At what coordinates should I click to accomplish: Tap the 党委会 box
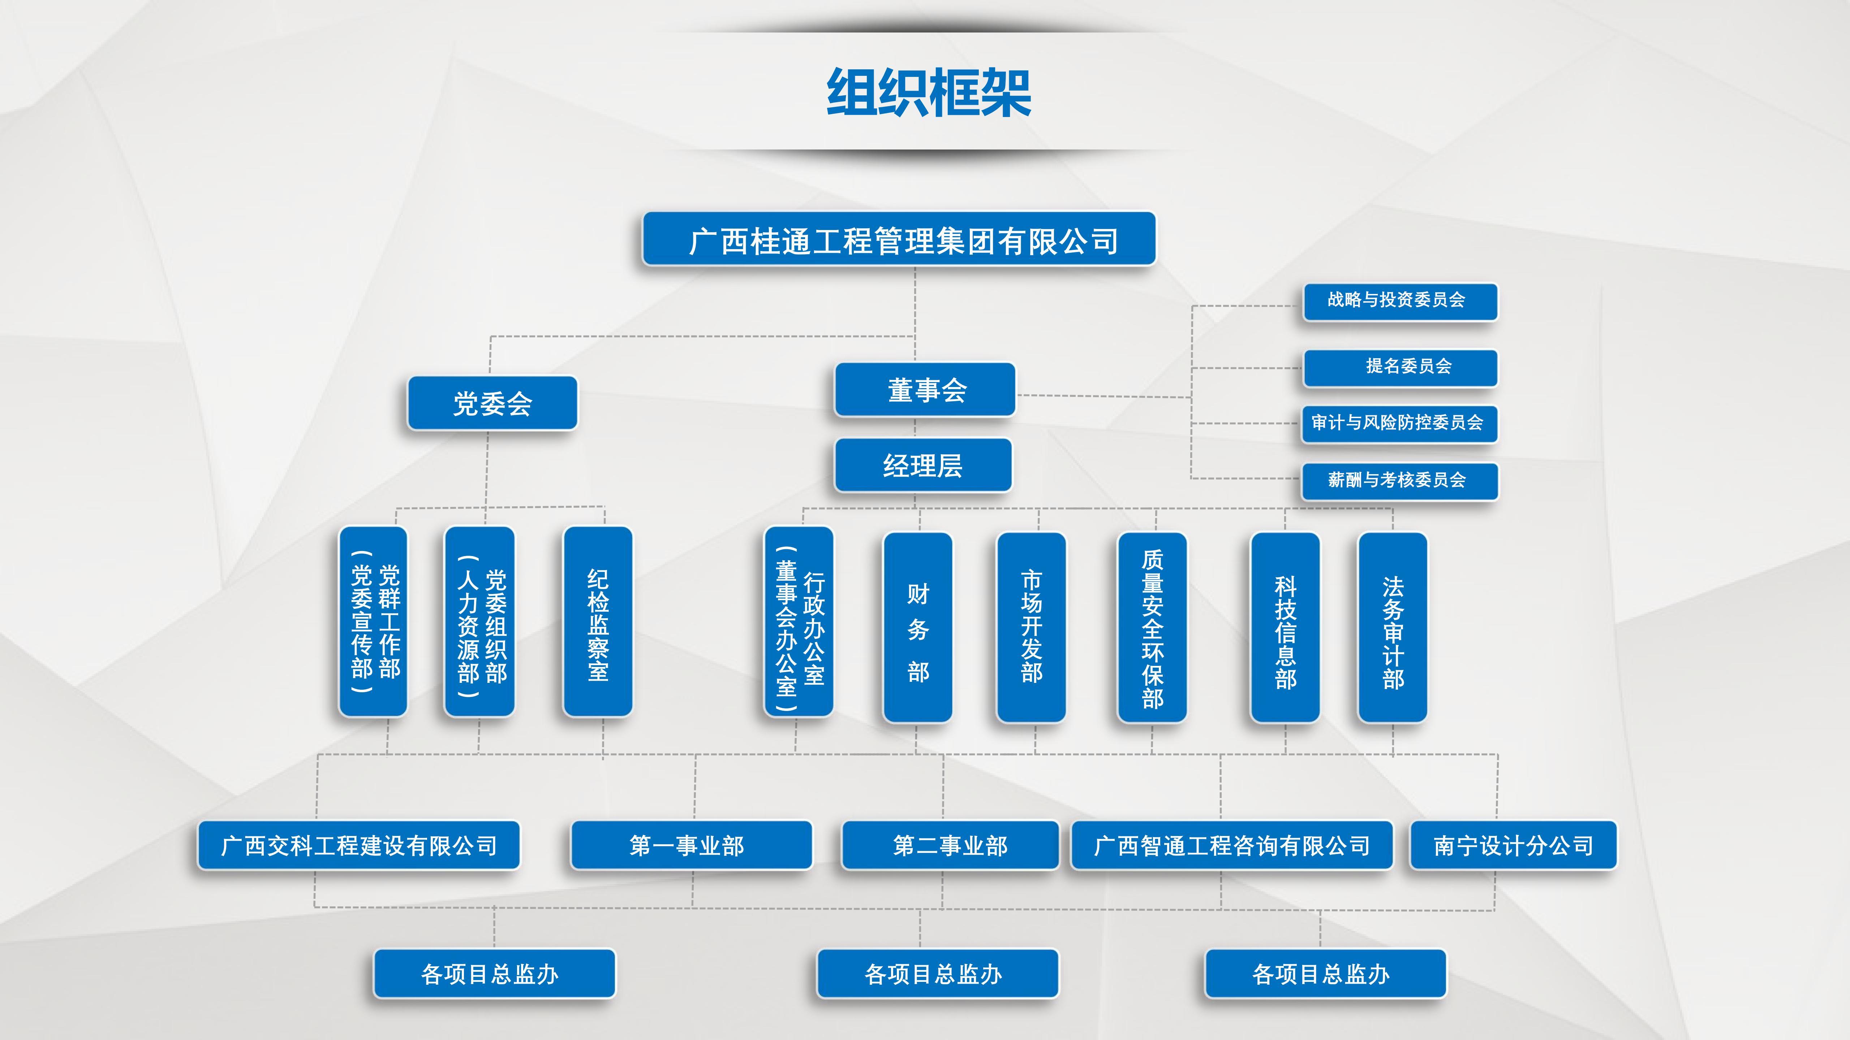pyautogui.click(x=492, y=403)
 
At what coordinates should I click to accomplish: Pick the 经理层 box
pyautogui.click(x=923, y=465)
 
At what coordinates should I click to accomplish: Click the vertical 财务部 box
pyautogui.click(x=918, y=627)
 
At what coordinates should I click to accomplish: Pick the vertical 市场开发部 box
pyautogui.click(x=1031, y=627)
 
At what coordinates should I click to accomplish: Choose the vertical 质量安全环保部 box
pyautogui.click(x=1152, y=627)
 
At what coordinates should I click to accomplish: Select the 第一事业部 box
pyautogui.click(x=691, y=845)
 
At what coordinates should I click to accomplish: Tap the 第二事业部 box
pyautogui.click(x=950, y=845)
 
